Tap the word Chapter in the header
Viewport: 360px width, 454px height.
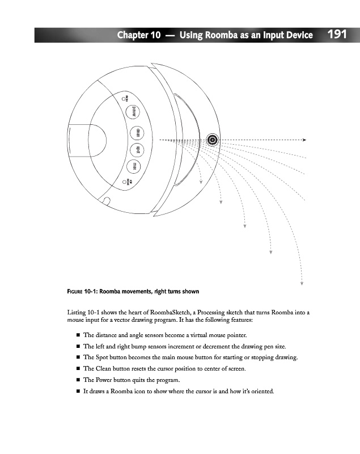click(x=133, y=36)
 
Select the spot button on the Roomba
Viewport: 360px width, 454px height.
click(x=136, y=150)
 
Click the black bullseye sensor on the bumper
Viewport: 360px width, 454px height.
click(x=212, y=140)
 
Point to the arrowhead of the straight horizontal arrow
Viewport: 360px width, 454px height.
click(x=304, y=140)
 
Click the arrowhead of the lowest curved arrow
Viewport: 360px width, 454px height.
click(x=302, y=283)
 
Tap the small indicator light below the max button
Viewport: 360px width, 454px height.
click(x=124, y=183)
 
